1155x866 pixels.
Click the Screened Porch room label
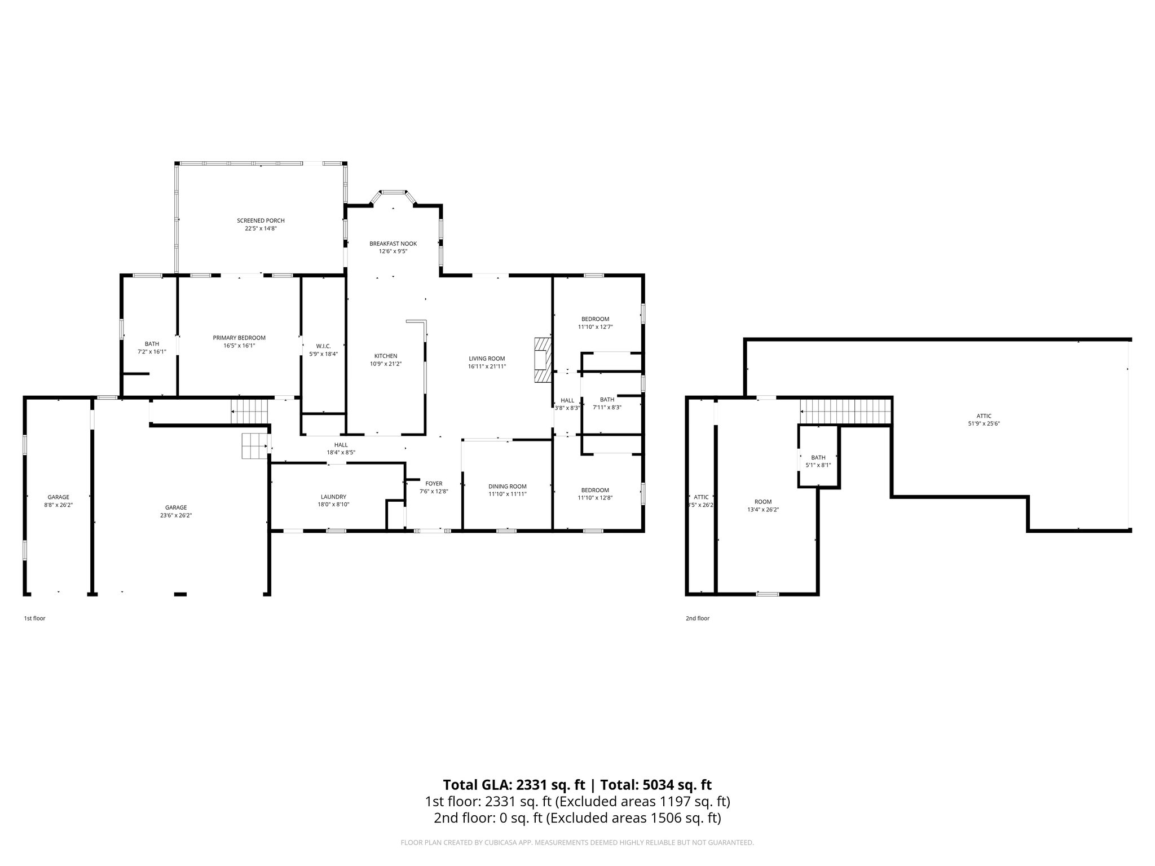point(261,220)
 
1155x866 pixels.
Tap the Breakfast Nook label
point(393,244)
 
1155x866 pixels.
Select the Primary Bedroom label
point(239,338)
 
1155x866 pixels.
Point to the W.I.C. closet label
point(323,346)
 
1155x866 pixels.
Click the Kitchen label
point(386,356)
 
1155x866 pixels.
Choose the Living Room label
point(487,359)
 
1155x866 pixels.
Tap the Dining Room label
point(507,487)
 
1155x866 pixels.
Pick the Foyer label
point(434,484)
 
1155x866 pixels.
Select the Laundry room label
point(333,497)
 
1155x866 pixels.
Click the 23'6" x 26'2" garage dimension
point(176,515)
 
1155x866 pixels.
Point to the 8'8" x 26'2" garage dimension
point(58,505)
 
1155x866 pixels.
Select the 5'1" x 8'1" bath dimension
point(818,465)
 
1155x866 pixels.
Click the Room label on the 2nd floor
point(763,502)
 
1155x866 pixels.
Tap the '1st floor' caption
point(34,618)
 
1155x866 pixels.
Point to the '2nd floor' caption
point(698,618)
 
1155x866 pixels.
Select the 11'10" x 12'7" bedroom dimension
point(595,327)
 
